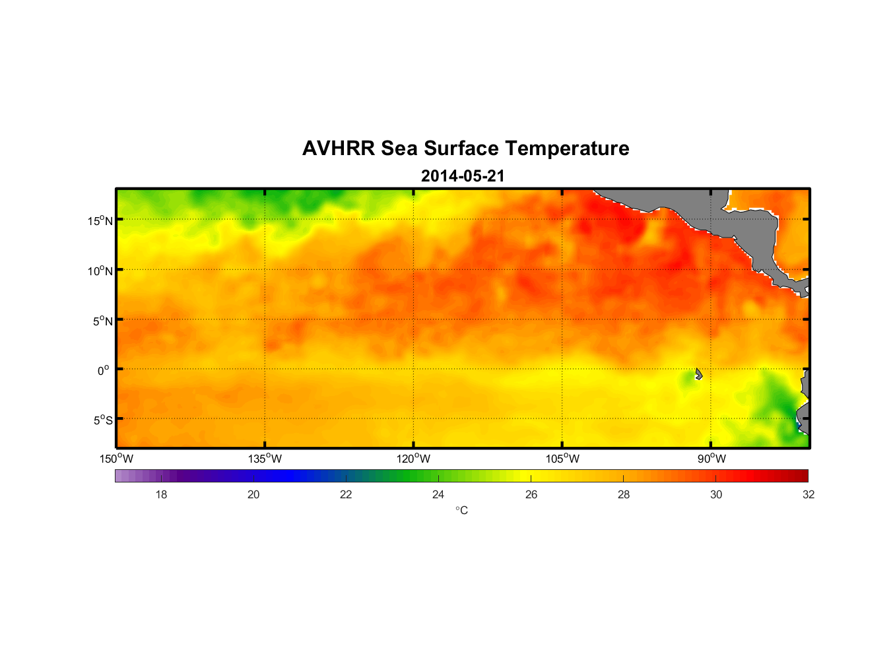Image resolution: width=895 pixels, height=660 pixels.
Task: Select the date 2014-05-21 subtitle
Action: [x=463, y=176]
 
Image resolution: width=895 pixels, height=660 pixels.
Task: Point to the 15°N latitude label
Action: [x=100, y=220]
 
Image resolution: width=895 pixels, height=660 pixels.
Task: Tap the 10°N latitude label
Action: [x=100, y=271]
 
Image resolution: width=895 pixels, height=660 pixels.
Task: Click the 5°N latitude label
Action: [x=103, y=321]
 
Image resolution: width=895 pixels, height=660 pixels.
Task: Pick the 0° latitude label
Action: [x=104, y=370]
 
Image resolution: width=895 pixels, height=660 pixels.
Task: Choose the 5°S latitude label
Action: [x=103, y=420]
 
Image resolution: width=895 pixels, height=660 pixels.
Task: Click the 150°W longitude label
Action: [x=116, y=459]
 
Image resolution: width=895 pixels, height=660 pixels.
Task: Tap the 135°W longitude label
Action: [x=265, y=459]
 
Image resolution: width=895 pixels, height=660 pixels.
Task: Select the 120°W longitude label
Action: [x=413, y=459]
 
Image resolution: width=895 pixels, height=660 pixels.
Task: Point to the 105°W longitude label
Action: [x=562, y=459]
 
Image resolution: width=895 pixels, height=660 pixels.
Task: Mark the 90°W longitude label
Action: [x=712, y=459]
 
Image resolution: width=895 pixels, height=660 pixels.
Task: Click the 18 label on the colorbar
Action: [x=161, y=494]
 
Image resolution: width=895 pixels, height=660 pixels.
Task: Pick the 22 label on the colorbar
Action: [x=346, y=494]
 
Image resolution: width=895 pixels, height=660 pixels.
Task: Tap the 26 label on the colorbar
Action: [x=531, y=494]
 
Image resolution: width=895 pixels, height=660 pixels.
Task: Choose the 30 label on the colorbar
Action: [x=716, y=494]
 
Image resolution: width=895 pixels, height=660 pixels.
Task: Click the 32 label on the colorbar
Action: [x=809, y=494]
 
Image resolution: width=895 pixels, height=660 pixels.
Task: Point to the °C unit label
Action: [x=461, y=510]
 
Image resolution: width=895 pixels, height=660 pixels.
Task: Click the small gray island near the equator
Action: [x=698, y=374]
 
